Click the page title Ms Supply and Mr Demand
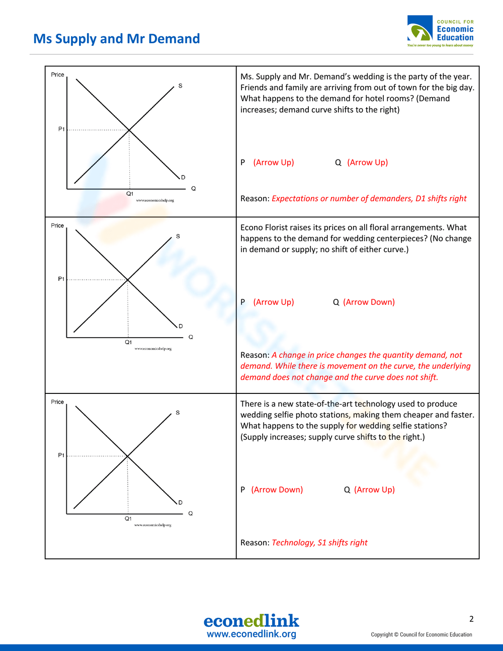116,39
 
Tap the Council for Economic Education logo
440,31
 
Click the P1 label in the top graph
61,129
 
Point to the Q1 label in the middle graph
128,342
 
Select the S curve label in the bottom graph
178,413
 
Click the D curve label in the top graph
183,177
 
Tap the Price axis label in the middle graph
57,225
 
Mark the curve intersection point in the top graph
129,130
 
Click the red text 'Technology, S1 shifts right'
319,542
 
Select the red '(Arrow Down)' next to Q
369,302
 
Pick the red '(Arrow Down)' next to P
277,490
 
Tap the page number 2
471,619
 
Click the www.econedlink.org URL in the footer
251,634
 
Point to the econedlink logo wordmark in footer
251,621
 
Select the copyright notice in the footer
422,634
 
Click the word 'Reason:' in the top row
255,198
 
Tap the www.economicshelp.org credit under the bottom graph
152,525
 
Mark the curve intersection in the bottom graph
127,456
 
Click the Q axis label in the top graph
193,189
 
